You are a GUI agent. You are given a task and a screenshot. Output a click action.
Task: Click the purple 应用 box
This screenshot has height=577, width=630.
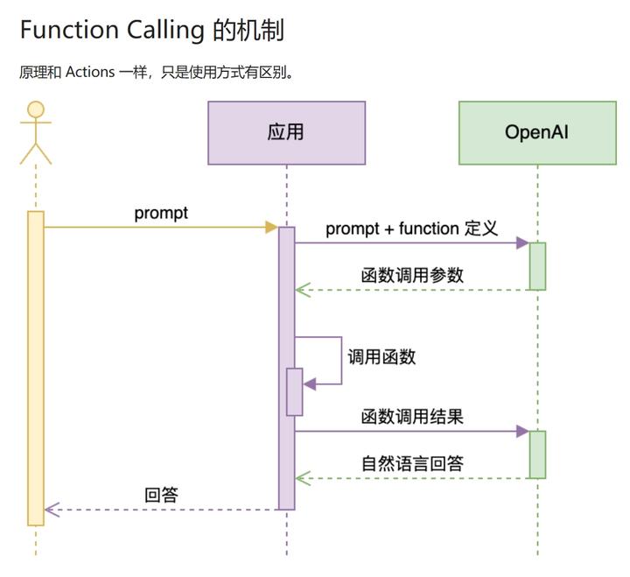[x=286, y=133]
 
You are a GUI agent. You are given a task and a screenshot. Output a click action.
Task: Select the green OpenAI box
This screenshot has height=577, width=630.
[x=537, y=133]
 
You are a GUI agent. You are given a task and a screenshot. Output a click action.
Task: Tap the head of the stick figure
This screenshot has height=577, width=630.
[x=36, y=109]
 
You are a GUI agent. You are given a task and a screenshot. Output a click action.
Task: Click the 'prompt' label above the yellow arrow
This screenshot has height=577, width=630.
[x=161, y=213]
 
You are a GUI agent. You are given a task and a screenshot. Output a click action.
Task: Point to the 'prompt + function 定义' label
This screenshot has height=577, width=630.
[x=411, y=229]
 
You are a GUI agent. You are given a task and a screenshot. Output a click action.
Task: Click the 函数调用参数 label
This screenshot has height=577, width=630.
[x=412, y=274]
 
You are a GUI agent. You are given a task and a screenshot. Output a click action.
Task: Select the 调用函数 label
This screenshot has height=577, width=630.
[x=381, y=356]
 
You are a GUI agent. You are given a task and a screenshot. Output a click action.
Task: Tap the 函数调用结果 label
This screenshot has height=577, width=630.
[x=412, y=417]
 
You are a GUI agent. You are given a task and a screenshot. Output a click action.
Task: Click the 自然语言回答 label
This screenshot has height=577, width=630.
[x=412, y=463]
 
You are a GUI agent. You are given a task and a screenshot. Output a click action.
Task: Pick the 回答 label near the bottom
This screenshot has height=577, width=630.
[x=161, y=495]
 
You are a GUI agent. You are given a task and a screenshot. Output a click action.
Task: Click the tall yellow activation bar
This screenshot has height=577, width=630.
[x=36, y=368]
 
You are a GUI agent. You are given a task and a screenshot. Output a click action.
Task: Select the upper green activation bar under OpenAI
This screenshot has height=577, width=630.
[x=537, y=266]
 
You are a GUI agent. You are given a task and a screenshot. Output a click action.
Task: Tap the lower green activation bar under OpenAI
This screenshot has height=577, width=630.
[x=537, y=454]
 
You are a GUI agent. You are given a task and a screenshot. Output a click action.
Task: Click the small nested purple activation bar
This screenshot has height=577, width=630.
[x=295, y=391]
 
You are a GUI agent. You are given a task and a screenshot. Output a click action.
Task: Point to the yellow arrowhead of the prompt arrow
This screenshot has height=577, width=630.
[x=271, y=228]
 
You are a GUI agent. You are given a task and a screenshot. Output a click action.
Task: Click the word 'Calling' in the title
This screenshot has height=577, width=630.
[x=163, y=30]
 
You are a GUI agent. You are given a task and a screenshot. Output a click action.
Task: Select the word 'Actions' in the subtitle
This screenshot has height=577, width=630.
[x=90, y=72]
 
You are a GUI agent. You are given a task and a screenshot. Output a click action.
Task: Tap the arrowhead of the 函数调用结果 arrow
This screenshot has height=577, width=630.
[x=522, y=431]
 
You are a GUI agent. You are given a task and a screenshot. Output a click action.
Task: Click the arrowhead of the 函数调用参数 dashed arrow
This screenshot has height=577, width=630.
[x=302, y=290]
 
